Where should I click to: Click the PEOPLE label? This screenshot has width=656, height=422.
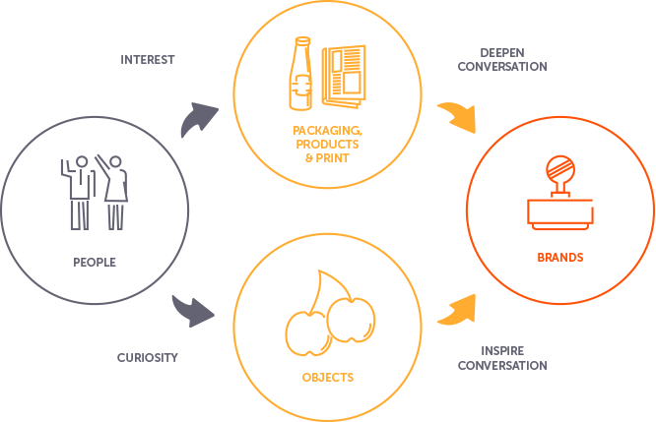point(96,263)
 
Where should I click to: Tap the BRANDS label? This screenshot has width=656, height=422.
point(560,258)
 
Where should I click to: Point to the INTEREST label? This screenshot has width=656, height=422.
point(148,59)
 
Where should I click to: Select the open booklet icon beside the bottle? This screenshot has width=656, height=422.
point(343,74)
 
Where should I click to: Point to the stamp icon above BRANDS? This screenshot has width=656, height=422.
point(560,197)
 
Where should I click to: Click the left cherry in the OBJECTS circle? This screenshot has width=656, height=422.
point(304,332)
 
